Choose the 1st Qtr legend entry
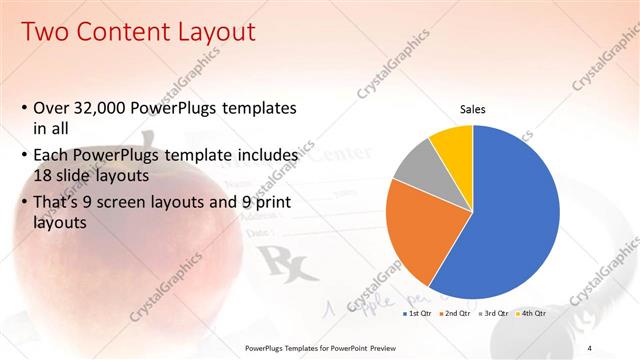(417, 314)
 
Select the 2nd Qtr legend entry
(456, 314)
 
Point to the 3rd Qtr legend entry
(495, 314)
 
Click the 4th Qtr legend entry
(533, 314)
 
